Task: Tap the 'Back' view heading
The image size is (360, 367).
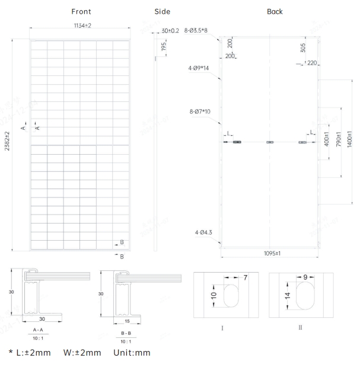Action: click(275, 11)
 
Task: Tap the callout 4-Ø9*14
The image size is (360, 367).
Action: click(200, 68)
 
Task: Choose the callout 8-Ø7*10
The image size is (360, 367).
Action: click(201, 110)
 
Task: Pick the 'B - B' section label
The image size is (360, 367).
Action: click(126, 333)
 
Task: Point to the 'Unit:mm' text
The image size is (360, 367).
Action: click(131, 352)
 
